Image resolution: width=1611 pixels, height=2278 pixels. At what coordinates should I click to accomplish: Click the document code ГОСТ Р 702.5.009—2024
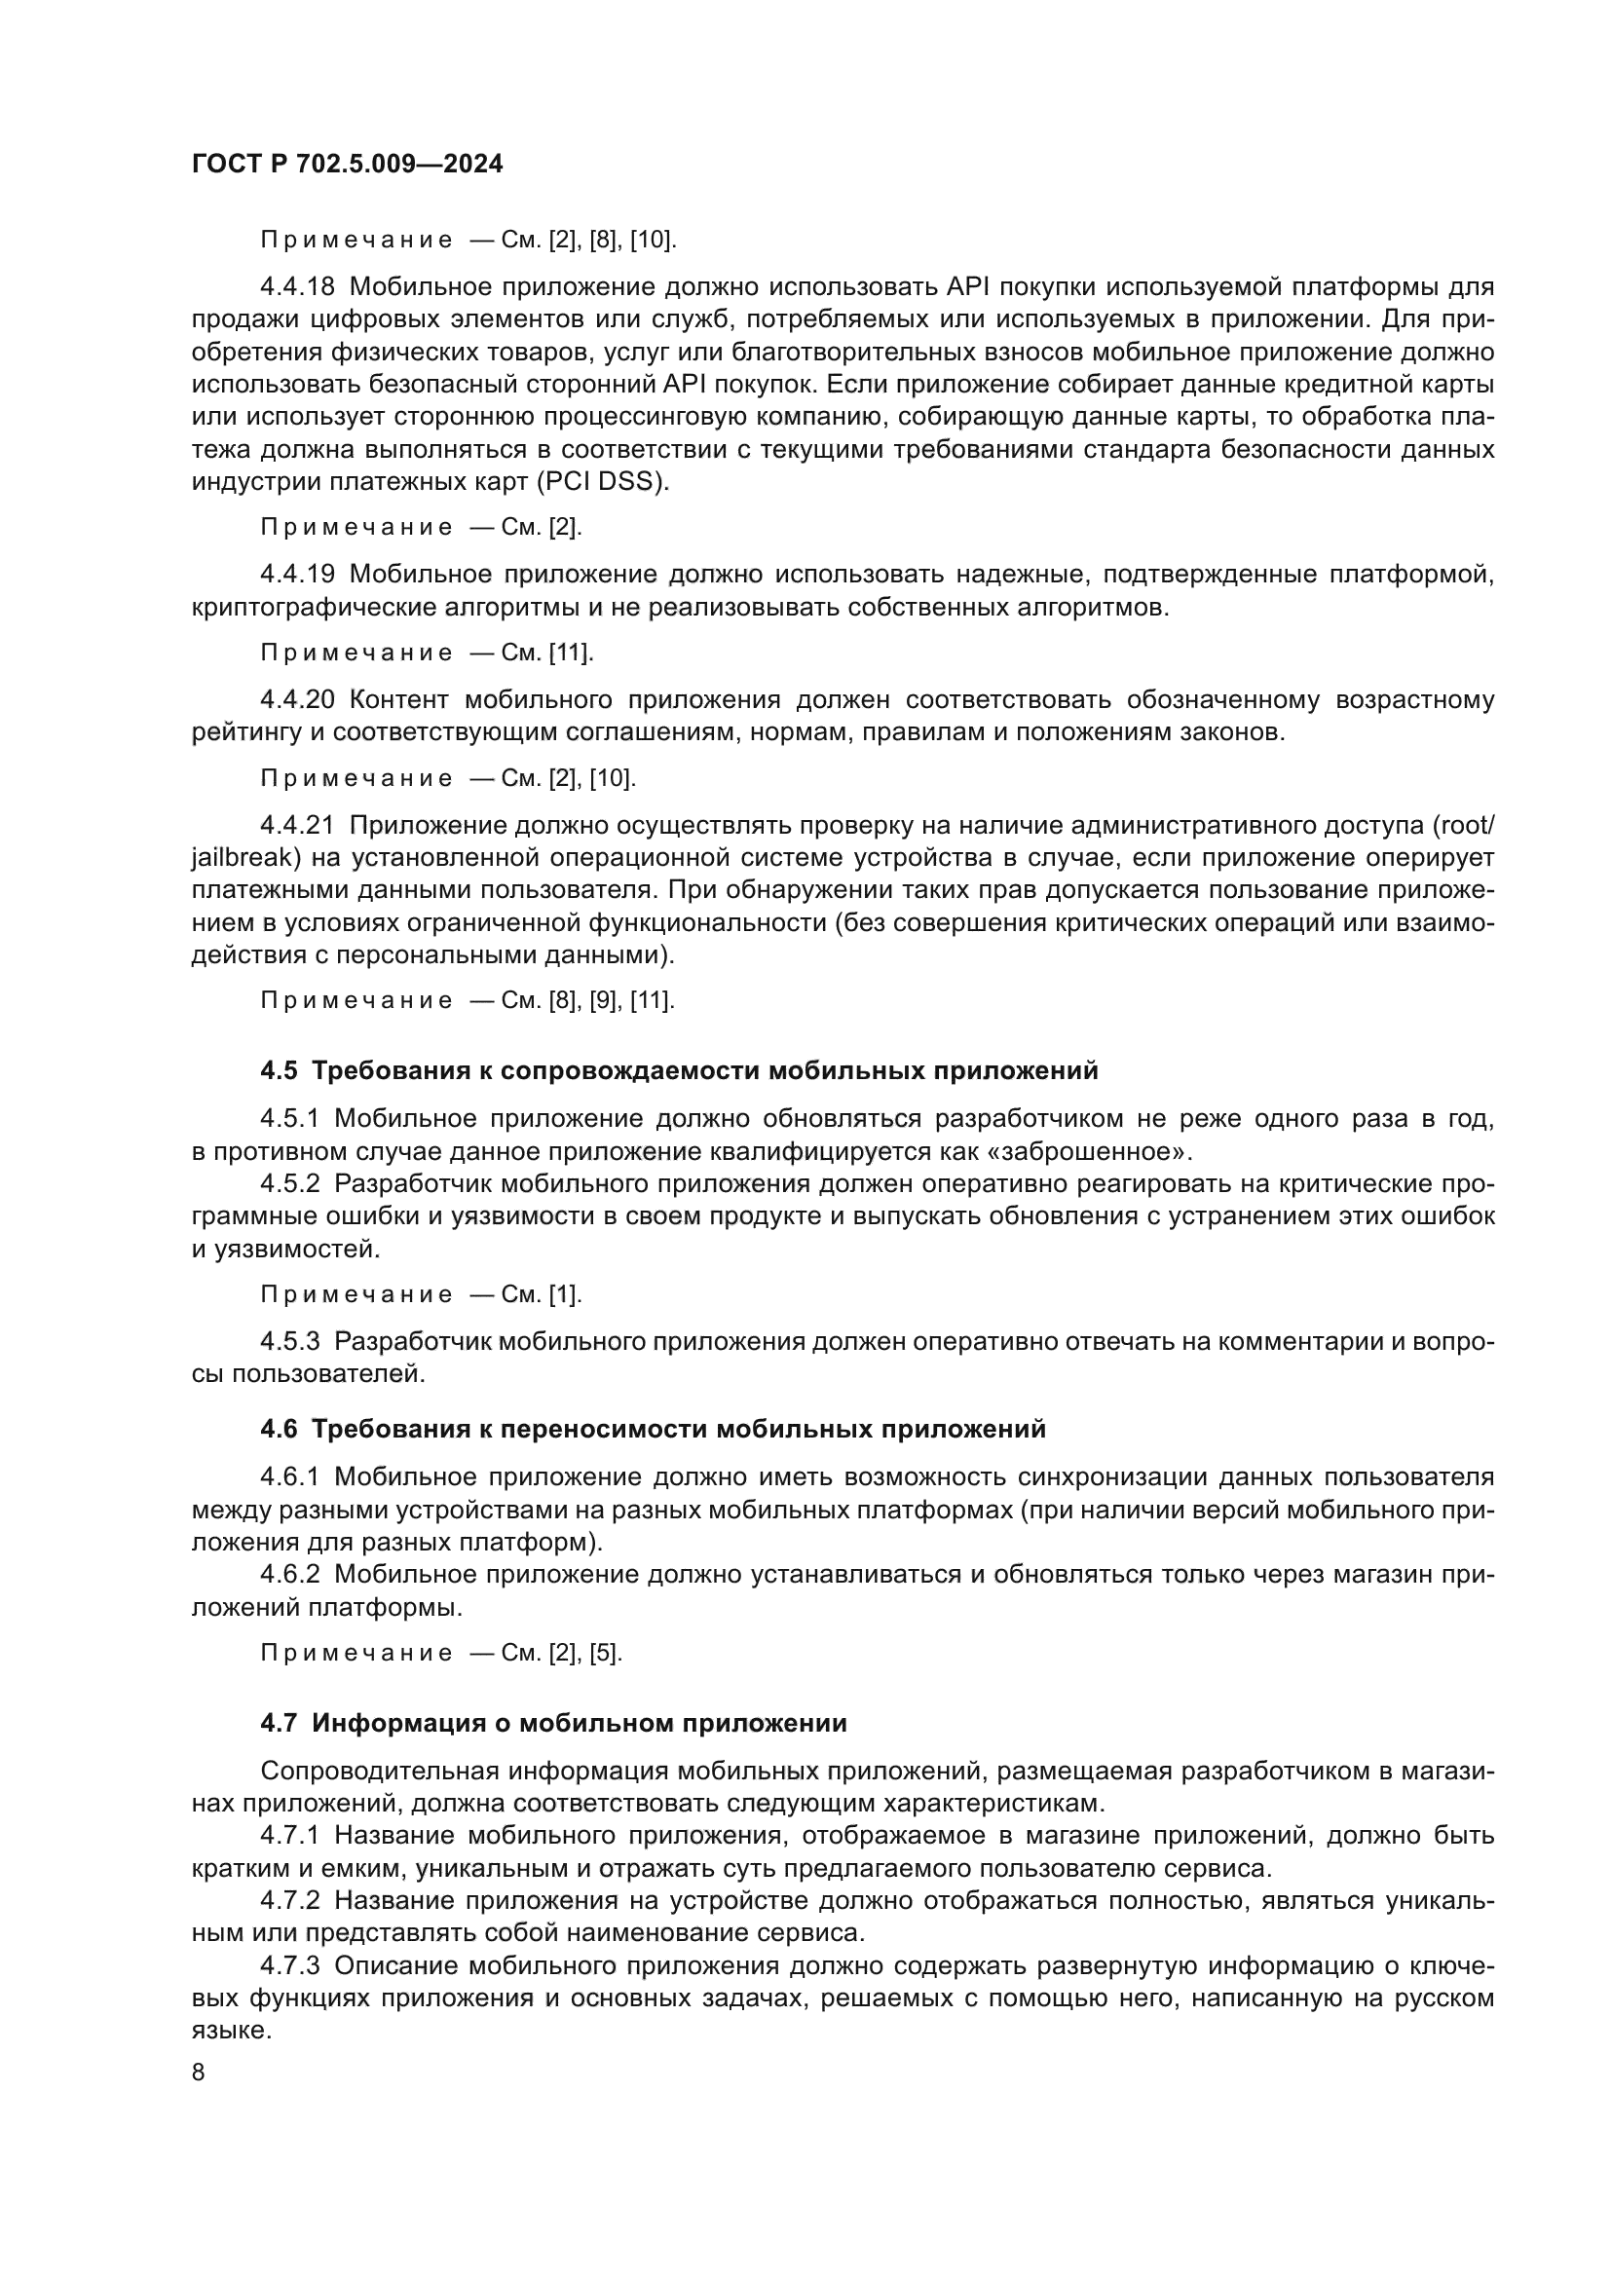tap(347, 165)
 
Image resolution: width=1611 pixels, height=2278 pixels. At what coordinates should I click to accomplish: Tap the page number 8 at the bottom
tap(199, 2073)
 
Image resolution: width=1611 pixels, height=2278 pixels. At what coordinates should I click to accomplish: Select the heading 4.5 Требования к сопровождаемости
tap(679, 1071)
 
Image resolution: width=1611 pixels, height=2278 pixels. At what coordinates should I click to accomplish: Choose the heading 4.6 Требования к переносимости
tap(653, 1430)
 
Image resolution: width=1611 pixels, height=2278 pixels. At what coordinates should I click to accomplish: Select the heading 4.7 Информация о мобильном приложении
tap(553, 1724)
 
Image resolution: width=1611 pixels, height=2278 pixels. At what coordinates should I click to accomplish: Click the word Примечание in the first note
tap(356, 241)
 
